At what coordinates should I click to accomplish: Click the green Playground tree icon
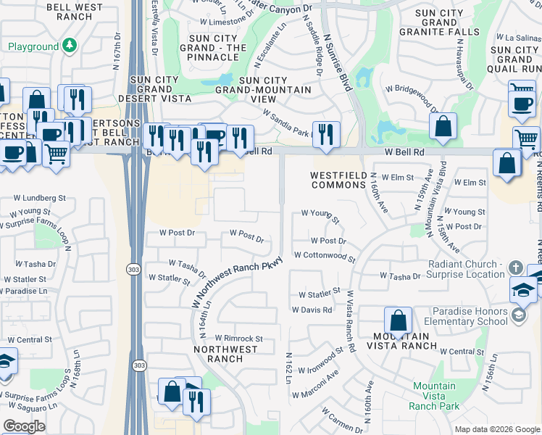(x=70, y=46)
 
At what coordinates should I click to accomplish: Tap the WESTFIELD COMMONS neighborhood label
(x=338, y=180)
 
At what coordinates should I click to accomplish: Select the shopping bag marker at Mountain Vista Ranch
(x=398, y=320)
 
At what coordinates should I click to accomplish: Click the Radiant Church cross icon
(x=514, y=268)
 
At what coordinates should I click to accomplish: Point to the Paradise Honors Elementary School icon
(x=519, y=315)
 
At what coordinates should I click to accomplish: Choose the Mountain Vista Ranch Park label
(x=434, y=396)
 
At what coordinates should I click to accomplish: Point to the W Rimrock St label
(x=233, y=338)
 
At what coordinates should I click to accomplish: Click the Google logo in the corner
(x=24, y=426)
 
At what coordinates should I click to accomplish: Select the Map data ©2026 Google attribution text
(x=496, y=429)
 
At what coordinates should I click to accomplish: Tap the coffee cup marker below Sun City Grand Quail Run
(x=521, y=103)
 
